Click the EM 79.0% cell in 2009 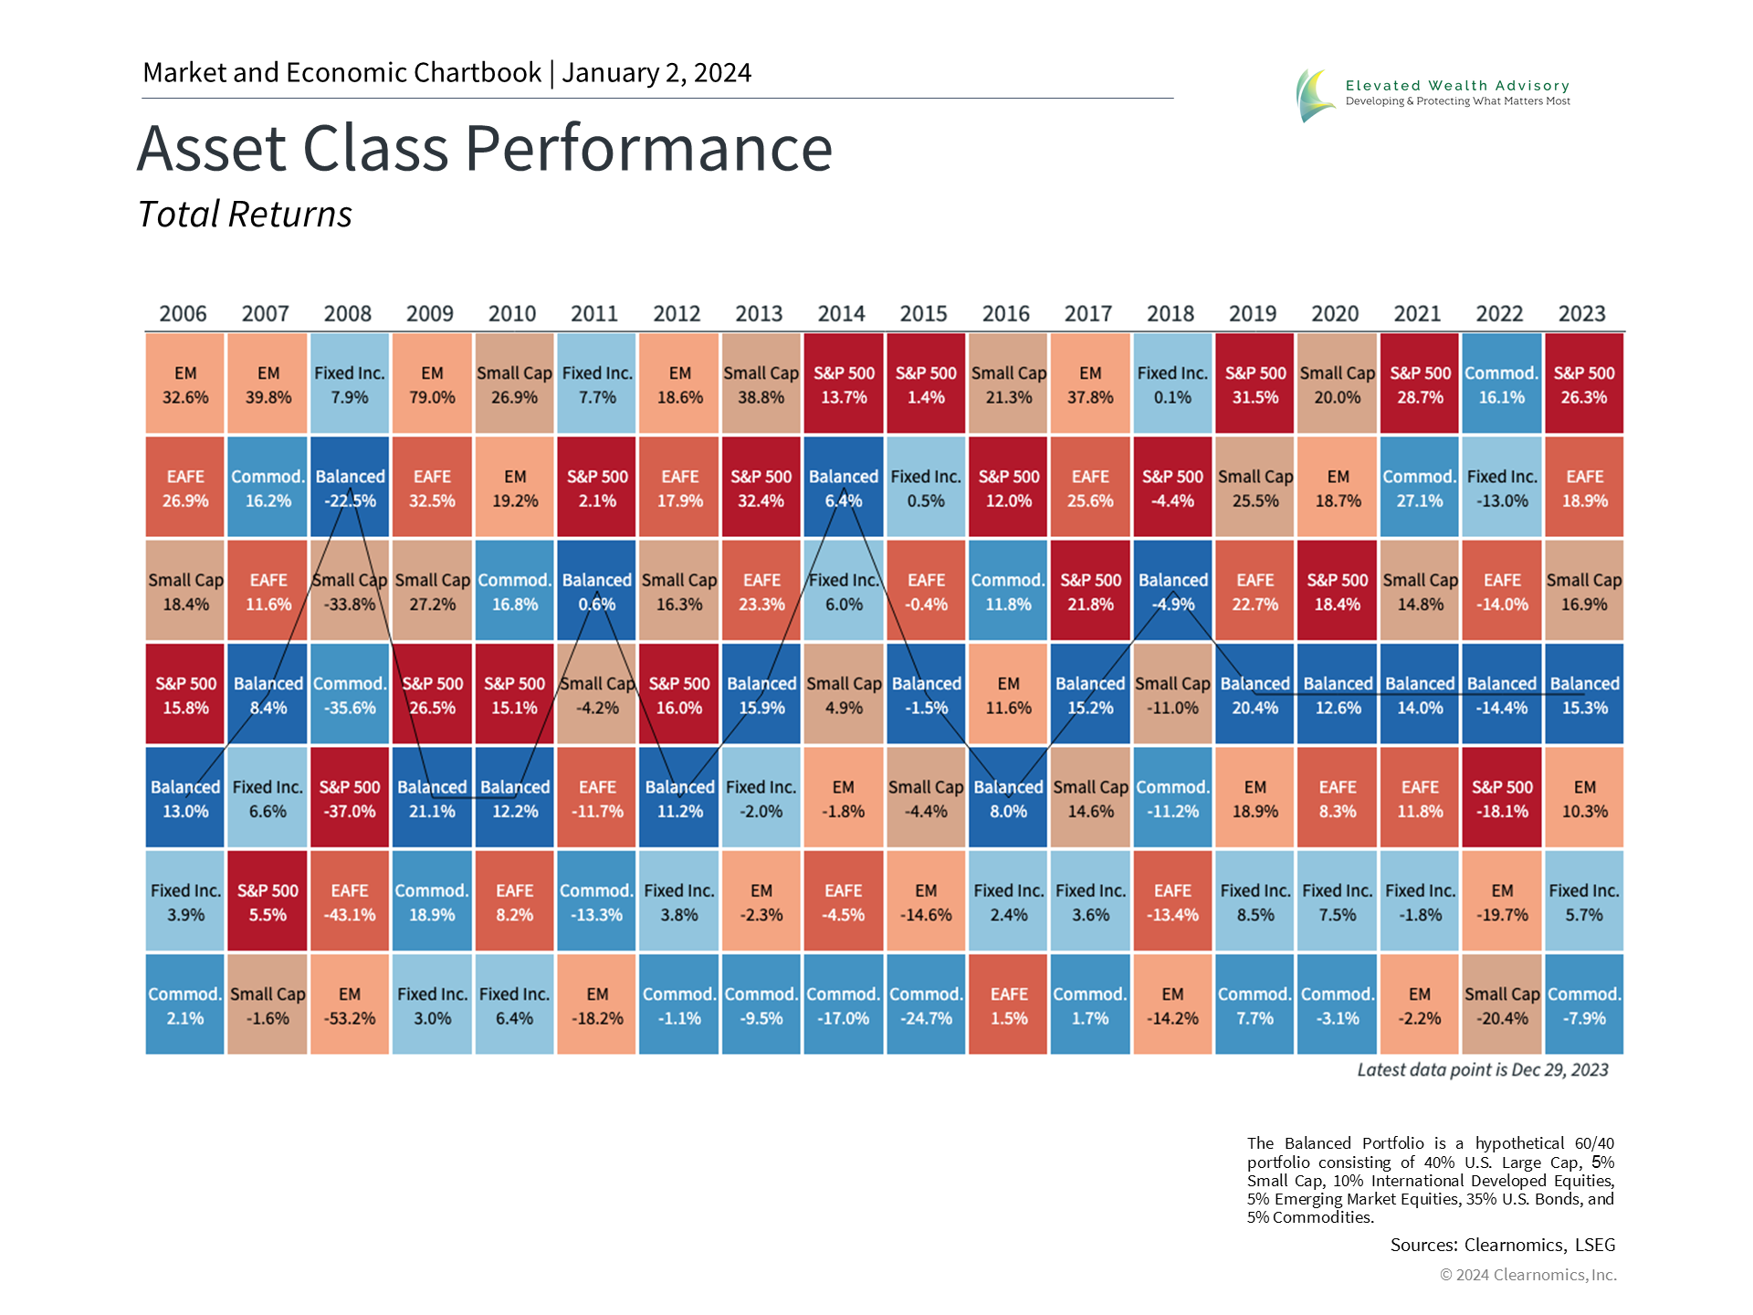[432, 384]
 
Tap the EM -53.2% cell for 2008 [350, 1005]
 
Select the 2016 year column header [1005, 314]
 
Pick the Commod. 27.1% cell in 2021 [1420, 488]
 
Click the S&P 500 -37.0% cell [350, 798]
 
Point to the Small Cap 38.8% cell [761, 384]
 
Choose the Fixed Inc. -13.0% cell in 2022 [1502, 488]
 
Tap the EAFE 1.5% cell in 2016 [1009, 1005]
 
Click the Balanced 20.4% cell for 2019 [1255, 695]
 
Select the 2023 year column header [1581, 314]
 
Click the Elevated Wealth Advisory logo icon [1315, 94]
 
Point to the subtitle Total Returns [245, 215]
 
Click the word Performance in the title [648, 148]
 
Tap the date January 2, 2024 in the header [656, 73]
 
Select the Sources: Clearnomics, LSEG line [1502, 1245]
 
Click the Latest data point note [1482, 1070]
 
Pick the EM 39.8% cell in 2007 [268, 384]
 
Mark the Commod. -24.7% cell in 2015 [926, 1005]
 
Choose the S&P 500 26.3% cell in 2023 [1584, 384]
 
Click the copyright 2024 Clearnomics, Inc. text [1527, 1275]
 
